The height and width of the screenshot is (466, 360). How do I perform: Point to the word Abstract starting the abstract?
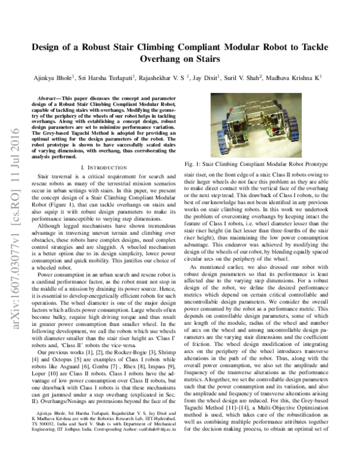point(51,97)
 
